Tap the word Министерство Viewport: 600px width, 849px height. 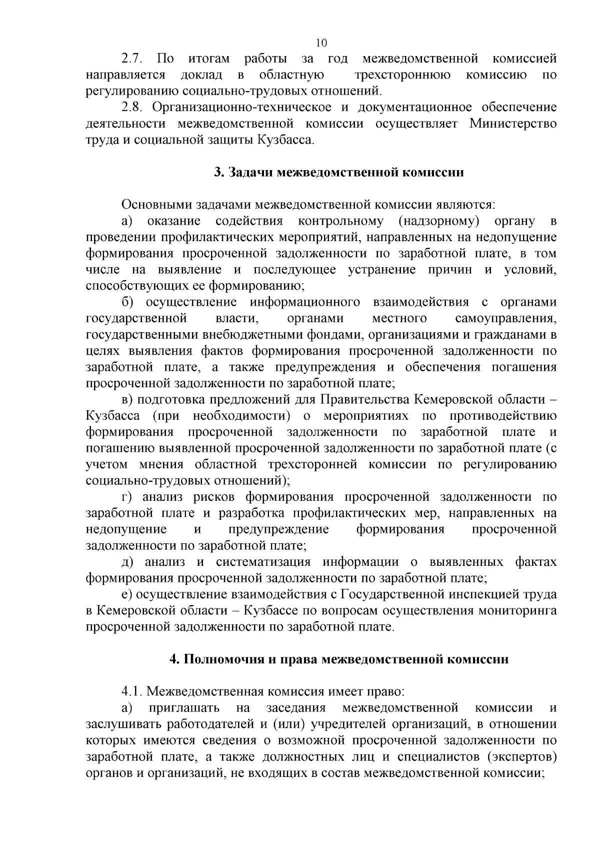pos(513,124)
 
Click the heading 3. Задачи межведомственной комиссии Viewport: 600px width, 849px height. pos(339,173)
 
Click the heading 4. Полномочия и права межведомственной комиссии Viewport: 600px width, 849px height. pos(339,659)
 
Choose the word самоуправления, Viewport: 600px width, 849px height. pos(506,318)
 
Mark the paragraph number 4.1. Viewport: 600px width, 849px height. pos(132,692)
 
